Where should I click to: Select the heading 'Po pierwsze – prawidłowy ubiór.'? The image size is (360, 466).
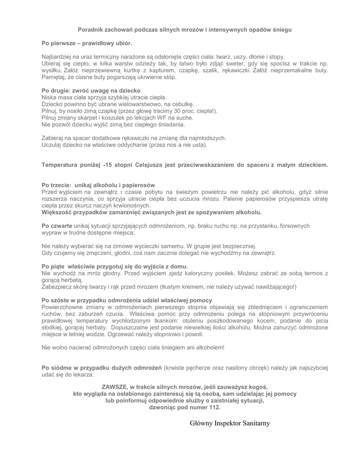[x=86, y=44]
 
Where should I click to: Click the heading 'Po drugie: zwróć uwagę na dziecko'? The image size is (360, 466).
[x=91, y=91]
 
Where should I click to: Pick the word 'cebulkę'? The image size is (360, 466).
[x=183, y=104]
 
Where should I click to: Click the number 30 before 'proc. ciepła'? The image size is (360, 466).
[x=169, y=111]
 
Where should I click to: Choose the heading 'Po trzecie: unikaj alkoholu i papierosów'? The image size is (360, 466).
[x=98, y=185]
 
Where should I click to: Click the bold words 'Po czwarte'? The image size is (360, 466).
[x=56, y=225]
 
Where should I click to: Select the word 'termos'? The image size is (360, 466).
[x=311, y=273]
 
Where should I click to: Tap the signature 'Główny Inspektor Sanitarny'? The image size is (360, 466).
[x=230, y=423]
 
